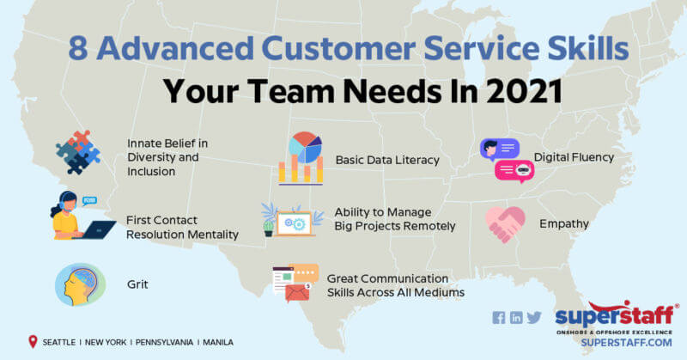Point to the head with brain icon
click(79, 283)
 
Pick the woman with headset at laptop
click(78, 218)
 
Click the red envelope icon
click(297, 296)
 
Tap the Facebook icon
click(499, 317)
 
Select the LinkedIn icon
click(516, 317)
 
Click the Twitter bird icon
click(534, 317)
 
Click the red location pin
click(33, 341)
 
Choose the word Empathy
click(563, 224)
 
